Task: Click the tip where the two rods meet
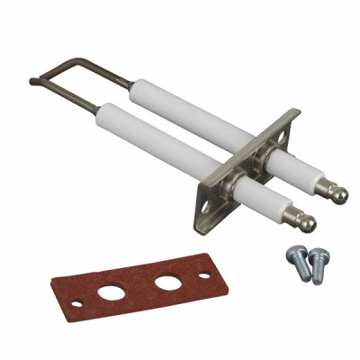[33, 82]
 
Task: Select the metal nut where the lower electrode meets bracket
[236, 185]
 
